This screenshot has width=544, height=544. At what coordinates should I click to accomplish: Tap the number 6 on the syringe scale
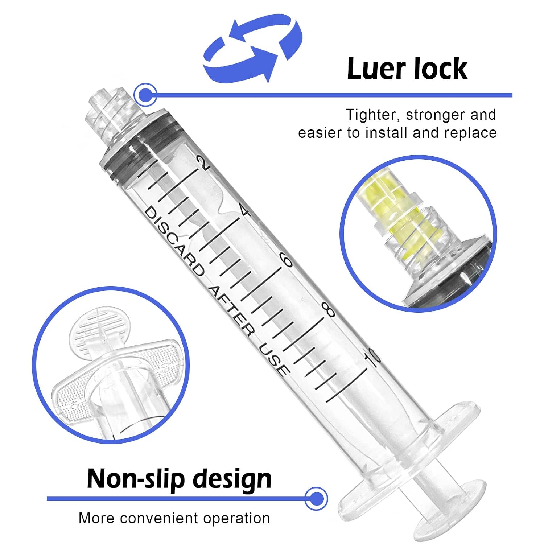click(287, 260)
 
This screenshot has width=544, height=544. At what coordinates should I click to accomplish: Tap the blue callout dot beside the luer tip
click(145, 95)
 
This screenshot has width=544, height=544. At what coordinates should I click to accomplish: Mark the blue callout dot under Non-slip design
click(316, 499)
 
